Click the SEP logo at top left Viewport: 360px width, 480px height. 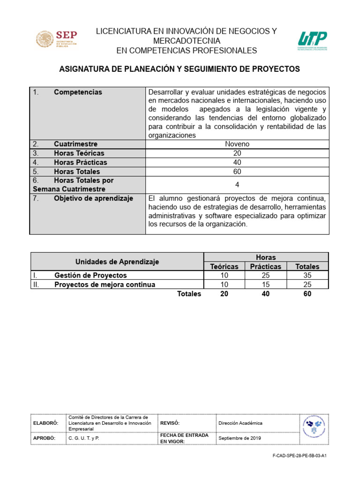pyautogui.click(x=57, y=39)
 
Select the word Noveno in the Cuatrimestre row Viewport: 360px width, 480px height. pyautogui.click(x=237, y=144)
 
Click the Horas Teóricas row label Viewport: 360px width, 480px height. pyautogui.click(x=79, y=153)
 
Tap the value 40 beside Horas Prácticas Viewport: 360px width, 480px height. pyautogui.click(x=237, y=162)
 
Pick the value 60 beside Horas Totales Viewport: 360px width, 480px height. pyautogui.click(x=237, y=172)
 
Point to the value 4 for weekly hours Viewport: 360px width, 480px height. pyautogui.click(x=237, y=185)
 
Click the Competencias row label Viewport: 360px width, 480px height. pyautogui.click(x=78, y=92)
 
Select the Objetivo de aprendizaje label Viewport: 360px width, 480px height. pyautogui.click(x=93, y=198)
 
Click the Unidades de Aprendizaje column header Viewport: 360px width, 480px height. pyautogui.click(x=117, y=262)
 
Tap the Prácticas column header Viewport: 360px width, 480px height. pyautogui.click(x=265, y=266)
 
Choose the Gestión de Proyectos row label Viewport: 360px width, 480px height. pyautogui.click(x=90, y=276)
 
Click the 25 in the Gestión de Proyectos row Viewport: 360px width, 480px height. pyautogui.click(x=265, y=276)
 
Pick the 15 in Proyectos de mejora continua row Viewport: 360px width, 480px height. pyautogui.click(x=265, y=285)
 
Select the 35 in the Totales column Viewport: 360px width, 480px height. pyautogui.click(x=307, y=276)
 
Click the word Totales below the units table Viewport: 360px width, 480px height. pyautogui.click(x=189, y=294)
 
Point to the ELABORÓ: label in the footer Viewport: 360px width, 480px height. pyautogui.click(x=45, y=423)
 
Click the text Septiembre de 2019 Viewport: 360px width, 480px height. pyautogui.click(x=240, y=438)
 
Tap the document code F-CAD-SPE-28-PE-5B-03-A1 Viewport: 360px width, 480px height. pyautogui.click(x=299, y=455)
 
